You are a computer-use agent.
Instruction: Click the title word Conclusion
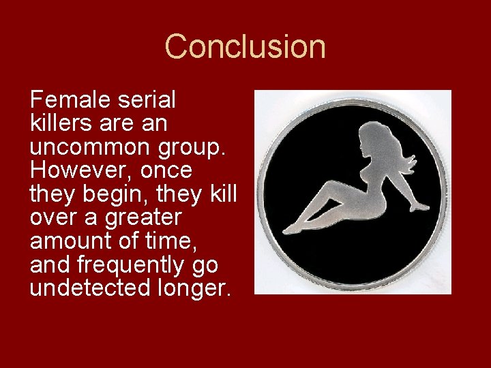(x=245, y=47)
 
